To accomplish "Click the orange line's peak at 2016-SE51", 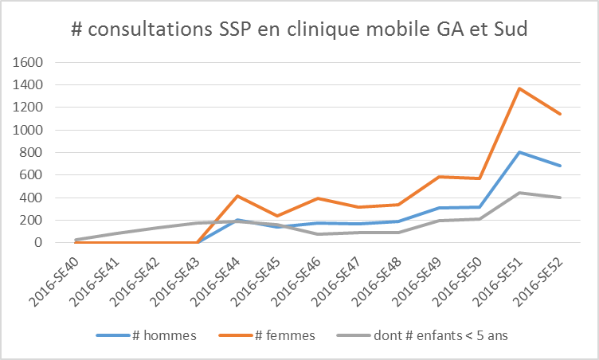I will click(519, 88).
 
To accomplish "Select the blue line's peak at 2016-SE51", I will click(519, 152).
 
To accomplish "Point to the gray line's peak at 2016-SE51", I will click(519, 193).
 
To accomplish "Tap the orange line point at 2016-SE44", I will click(238, 196).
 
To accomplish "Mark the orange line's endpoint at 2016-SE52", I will click(560, 114).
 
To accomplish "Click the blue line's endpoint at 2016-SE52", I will click(560, 166).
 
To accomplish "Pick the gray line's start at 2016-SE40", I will click(76, 240).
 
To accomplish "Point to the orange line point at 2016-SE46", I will click(319, 198).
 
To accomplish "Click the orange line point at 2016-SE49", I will click(439, 177).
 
